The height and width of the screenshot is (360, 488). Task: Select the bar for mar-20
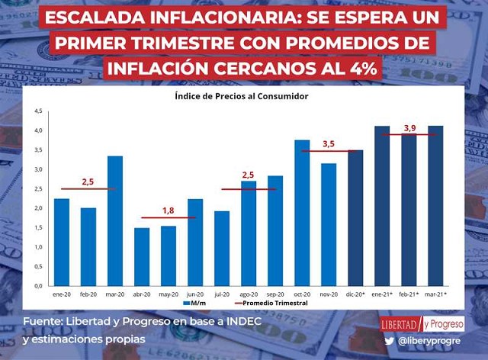pos(115,220)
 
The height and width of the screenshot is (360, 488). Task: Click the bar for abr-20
pos(141,256)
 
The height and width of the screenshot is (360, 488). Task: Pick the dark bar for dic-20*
pos(355,217)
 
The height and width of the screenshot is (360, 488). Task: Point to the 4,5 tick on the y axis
pos(38,111)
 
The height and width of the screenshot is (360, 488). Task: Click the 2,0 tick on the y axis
pos(38,208)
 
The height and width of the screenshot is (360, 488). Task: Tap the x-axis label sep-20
pos(275,293)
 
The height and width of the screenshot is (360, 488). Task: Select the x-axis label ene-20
pos(62,293)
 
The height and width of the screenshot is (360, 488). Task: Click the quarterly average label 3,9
pos(410,127)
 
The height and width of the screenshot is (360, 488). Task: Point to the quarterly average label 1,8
pos(169,210)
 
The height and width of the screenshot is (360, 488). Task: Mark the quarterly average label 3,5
pos(329,143)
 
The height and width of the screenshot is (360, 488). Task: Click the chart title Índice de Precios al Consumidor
pos(241,96)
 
